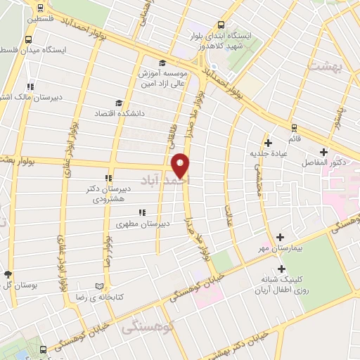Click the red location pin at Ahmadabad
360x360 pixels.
coord(181,165)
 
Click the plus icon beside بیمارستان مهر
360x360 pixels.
coord(281,238)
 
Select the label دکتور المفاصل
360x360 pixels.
coord(324,162)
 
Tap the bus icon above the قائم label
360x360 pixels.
coord(294,127)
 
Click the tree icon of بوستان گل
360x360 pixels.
coord(8,274)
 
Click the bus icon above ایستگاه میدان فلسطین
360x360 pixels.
coord(40,39)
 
